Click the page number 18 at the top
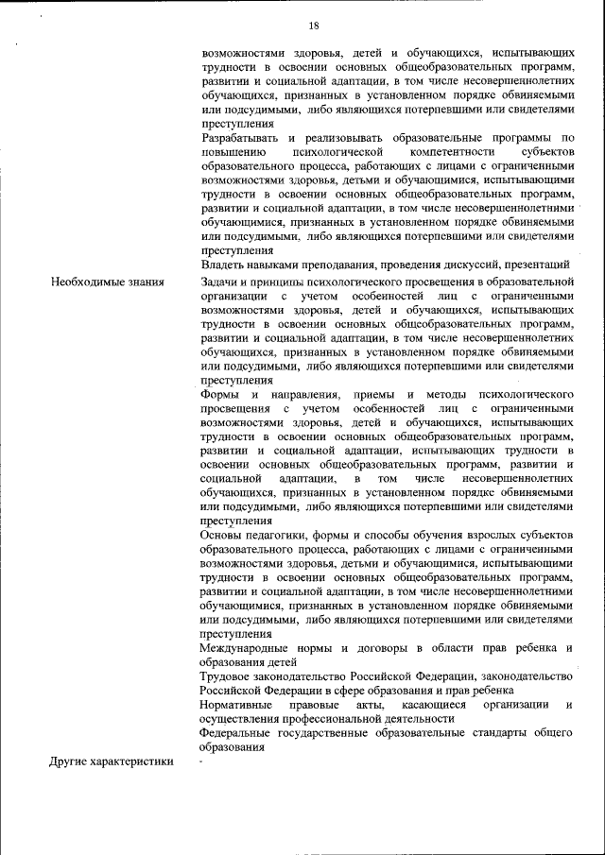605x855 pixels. click(313, 26)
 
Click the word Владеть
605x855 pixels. click(223, 265)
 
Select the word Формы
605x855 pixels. click(221, 393)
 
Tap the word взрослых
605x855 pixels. click(481, 536)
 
